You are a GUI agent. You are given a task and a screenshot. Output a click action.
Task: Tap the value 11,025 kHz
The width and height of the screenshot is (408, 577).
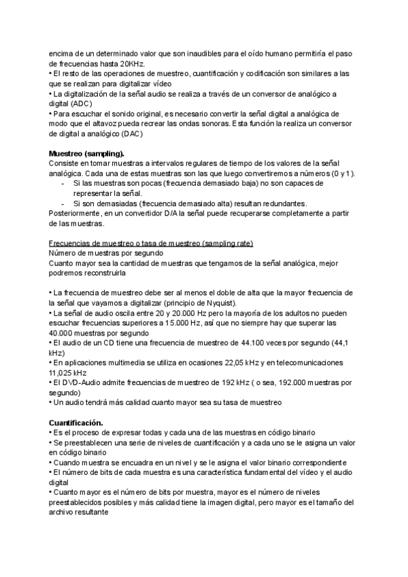(68, 373)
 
